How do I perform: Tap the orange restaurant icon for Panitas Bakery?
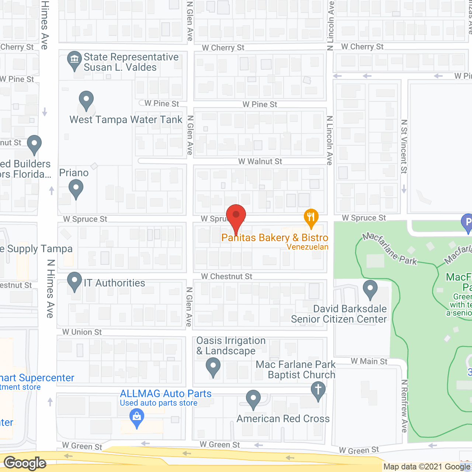[x=311, y=218]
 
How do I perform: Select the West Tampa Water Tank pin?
[x=86, y=100]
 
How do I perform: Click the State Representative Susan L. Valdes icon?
[x=74, y=60]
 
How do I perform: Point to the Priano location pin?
[x=76, y=189]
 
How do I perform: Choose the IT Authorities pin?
[x=74, y=282]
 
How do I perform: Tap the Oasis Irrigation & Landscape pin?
[x=213, y=368]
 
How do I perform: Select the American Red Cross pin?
[x=253, y=399]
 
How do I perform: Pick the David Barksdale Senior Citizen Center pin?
[x=370, y=289]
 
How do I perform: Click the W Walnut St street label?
[x=260, y=162]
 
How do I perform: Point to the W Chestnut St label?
[x=226, y=277]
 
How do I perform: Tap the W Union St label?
[x=82, y=332]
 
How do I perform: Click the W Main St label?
[x=369, y=361]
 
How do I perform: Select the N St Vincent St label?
[x=404, y=146]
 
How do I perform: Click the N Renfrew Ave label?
[x=405, y=406]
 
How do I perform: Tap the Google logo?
[x=25, y=463]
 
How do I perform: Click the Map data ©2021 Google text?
[x=427, y=467]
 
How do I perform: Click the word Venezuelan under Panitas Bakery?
[x=308, y=247]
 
